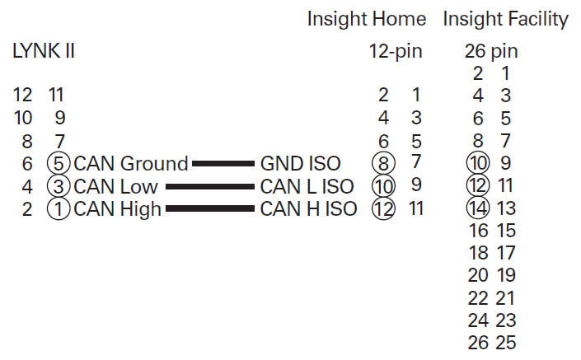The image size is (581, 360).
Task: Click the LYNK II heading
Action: (44, 51)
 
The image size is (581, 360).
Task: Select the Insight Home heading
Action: (367, 19)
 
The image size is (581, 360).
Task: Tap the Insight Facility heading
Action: (505, 19)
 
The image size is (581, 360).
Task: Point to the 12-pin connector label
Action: (396, 51)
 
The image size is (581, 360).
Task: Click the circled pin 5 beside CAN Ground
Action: (59, 164)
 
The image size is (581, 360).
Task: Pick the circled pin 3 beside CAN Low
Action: (59, 186)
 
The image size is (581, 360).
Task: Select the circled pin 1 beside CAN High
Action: (59, 209)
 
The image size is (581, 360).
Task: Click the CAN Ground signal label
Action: (131, 164)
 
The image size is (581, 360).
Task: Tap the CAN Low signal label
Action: (115, 186)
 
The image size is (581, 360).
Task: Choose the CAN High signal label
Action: (118, 209)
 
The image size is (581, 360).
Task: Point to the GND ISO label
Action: (301, 164)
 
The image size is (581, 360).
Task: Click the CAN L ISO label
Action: (307, 186)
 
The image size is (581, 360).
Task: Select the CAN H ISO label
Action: (308, 209)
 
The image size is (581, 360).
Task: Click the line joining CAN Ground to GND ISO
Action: (223, 164)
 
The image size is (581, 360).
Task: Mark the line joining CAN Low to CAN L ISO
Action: (210, 187)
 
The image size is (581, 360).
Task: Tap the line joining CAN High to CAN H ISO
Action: (210, 209)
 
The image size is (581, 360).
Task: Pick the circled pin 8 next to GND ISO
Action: (383, 163)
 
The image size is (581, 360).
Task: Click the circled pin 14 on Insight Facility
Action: (478, 208)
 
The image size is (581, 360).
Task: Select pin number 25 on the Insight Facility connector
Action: (506, 343)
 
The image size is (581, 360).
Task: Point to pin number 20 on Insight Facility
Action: (478, 275)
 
